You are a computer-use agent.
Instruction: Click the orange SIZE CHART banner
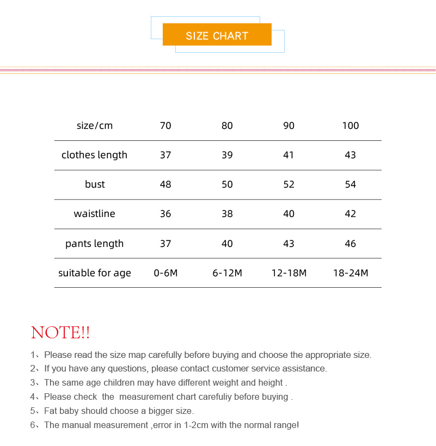[217, 35]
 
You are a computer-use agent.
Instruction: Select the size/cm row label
[95, 126]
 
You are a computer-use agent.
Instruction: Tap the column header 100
[351, 126]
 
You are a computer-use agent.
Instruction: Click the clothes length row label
[94, 155]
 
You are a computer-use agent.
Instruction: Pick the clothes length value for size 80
[227, 155]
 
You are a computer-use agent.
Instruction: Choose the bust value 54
[351, 184]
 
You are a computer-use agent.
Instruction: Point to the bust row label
[95, 184]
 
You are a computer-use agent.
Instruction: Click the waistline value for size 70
[165, 214]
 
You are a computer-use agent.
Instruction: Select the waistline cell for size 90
[288, 214]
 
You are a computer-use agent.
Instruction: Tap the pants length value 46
[351, 243]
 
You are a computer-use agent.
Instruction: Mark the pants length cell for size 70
[165, 243]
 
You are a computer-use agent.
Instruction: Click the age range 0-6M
[165, 272]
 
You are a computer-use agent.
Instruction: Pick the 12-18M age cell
[288, 272]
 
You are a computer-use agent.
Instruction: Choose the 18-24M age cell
[351, 272]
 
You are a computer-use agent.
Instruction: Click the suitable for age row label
[95, 272]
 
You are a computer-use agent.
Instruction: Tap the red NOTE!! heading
[60, 332]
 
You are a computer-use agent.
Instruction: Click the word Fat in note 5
[51, 411]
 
